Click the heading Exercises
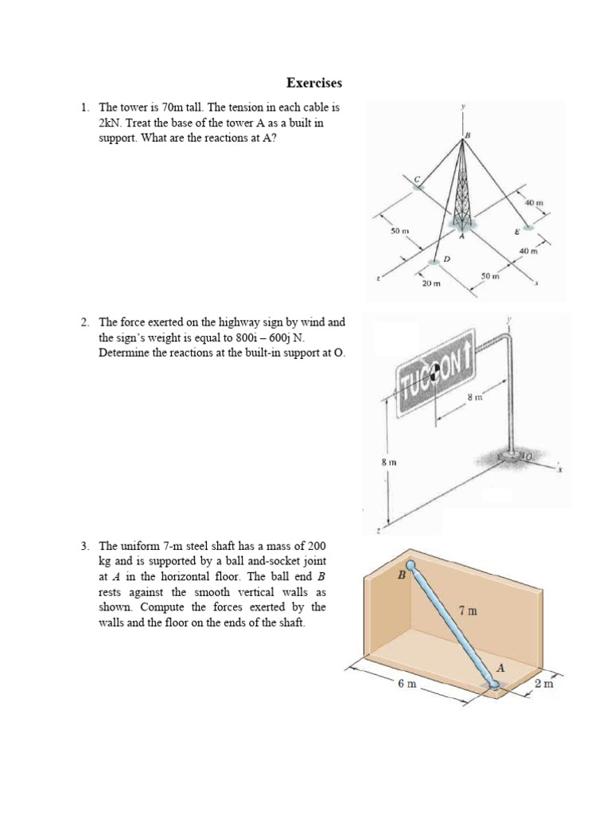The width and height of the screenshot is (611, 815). click(314, 83)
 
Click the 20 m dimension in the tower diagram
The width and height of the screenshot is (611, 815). click(430, 283)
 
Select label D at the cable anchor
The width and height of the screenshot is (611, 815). click(446, 259)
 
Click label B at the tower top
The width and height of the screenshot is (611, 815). click(468, 135)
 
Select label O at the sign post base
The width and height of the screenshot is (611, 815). click(527, 455)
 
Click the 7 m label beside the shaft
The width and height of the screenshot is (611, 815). click(469, 611)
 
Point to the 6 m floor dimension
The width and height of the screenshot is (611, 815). click(407, 684)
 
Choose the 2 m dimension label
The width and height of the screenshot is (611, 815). click(544, 684)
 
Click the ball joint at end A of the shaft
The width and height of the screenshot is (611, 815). click(493, 683)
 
